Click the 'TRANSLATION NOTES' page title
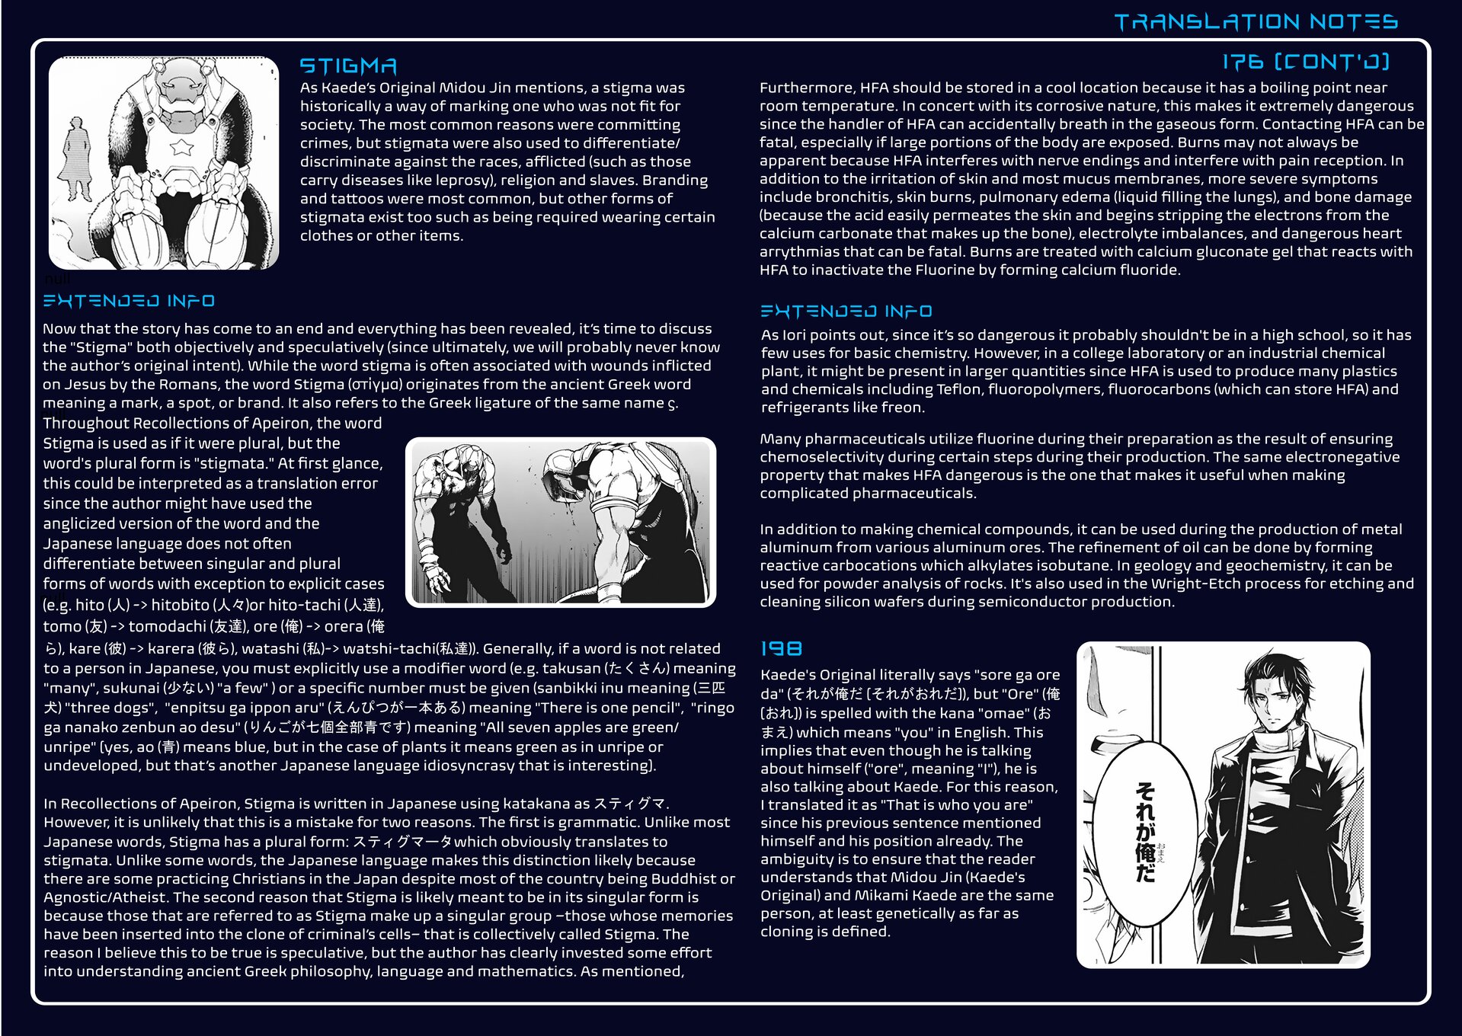click(x=1256, y=22)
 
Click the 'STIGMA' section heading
click(x=348, y=66)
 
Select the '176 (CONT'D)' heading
click(x=1306, y=62)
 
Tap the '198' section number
click(x=781, y=648)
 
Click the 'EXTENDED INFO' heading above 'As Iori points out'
click(x=846, y=311)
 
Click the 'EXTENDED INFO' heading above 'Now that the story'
click(x=129, y=301)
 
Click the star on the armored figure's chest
click(x=181, y=146)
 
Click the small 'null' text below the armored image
click(x=57, y=279)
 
